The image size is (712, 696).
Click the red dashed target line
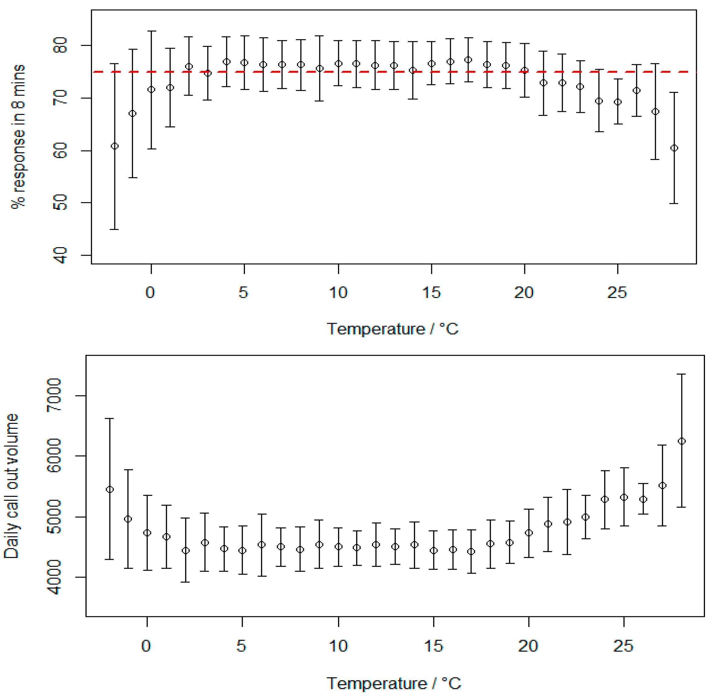[365, 72]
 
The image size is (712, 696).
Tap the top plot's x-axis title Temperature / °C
[392, 329]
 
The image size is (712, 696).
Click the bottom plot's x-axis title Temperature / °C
[394, 683]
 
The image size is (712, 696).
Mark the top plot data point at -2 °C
[114, 146]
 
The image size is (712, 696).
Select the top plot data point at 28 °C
[674, 148]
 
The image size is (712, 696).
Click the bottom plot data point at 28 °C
[682, 441]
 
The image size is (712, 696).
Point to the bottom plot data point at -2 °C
[110, 490]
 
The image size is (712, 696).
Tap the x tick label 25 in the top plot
[617, 293]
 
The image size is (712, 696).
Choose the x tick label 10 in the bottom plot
[338, 646]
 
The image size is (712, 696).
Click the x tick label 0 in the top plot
[150, 293]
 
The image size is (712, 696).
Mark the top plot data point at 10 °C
[339, 64]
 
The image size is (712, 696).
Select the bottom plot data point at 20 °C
[529, 533]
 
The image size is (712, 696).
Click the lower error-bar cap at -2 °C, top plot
[114, 229]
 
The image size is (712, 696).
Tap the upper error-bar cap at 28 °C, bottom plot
[682, 374]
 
